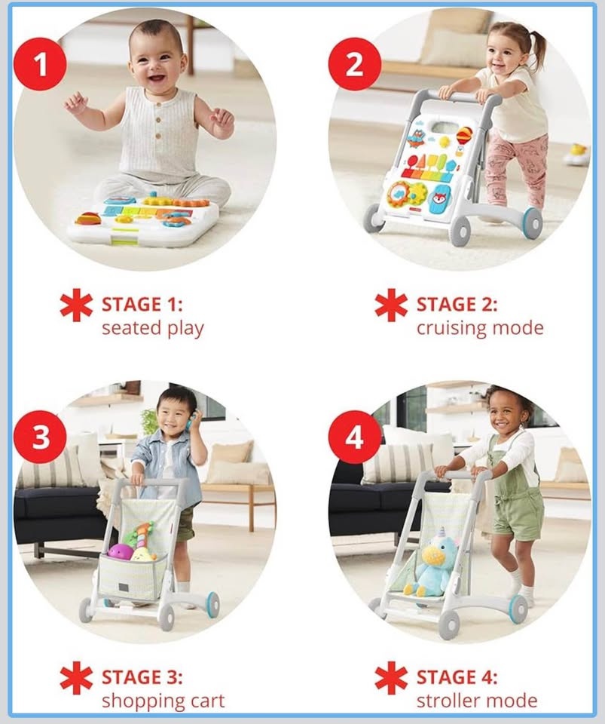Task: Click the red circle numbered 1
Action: [x=40, y=63]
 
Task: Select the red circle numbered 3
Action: [x=40, y=437]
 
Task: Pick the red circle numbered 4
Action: [x=355, y=437]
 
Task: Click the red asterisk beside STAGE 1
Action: [x=76, y=305]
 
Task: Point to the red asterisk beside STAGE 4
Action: [x=391, y=678]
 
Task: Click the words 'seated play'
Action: [x=153, y=328]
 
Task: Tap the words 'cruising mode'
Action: [x=480, y=328]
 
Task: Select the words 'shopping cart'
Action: [x=163, y=701]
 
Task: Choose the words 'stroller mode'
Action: [x=477, y=701]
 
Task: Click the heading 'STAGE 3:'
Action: [x=142, y=677]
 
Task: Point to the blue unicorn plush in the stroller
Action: [x=429, y=561]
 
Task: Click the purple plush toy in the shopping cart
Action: [x=121, y=551]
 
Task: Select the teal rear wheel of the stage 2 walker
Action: [x=532, y=222]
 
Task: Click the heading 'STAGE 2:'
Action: [x=457, y=305]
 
